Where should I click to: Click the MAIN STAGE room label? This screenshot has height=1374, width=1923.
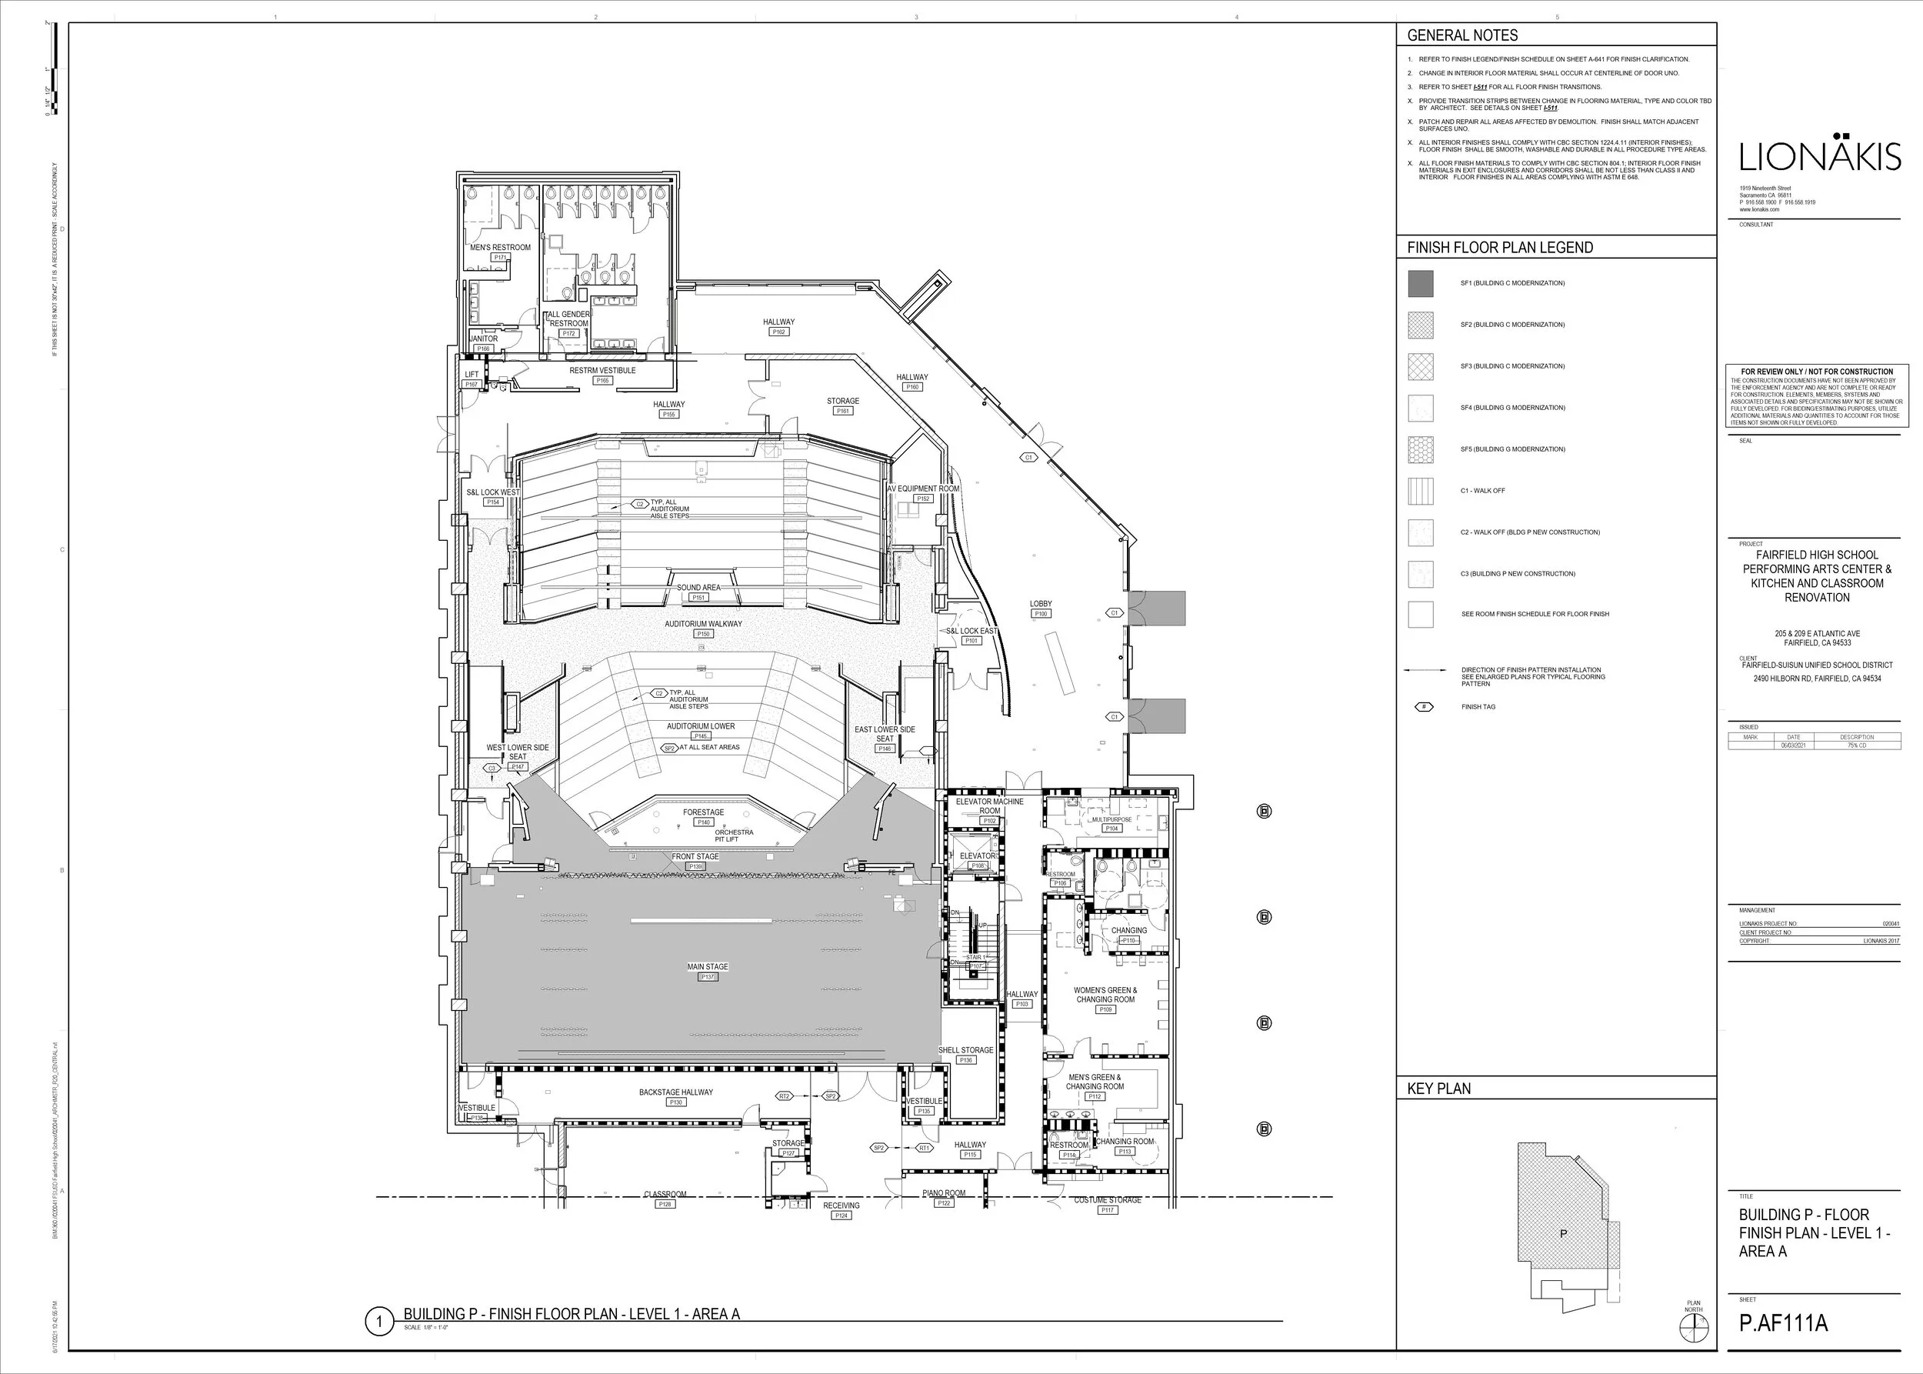(707, 966)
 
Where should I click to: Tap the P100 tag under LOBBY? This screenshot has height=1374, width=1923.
(1041, 613)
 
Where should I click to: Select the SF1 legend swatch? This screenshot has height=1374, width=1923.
(1421, 283)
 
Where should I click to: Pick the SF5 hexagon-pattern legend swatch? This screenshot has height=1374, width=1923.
(1421, 449)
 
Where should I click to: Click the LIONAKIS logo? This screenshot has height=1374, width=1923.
(1820, 156)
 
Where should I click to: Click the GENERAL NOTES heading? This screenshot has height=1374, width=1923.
(1462, 35)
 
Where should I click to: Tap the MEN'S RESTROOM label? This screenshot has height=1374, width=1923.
(500, 247)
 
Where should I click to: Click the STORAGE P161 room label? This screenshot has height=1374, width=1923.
(842, 401)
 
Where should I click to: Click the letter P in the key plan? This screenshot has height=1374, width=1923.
(1562, 1233)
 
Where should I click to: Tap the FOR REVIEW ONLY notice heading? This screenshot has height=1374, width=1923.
(1816, 372)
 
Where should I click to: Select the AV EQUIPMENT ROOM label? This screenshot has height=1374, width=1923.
(923, 489)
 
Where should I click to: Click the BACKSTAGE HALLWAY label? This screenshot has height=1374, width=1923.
(675, 1092)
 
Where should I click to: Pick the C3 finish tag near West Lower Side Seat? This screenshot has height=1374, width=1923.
(492, 769)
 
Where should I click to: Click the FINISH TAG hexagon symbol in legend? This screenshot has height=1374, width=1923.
(1424, 706)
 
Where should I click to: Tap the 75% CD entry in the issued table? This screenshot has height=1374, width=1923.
(1856, 745)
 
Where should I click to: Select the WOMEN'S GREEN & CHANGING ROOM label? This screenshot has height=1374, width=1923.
(1105, 994)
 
